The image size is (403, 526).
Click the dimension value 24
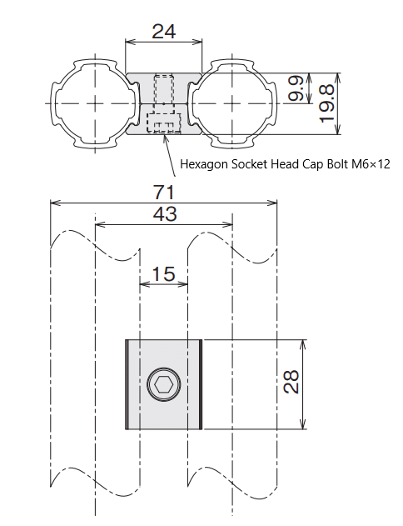click(163, 32)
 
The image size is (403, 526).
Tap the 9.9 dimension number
click(296, 88)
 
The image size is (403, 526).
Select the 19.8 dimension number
click(326, 103)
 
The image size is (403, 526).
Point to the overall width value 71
click(164, 193)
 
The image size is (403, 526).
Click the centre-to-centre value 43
click(164, 214)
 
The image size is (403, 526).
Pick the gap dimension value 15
click(163, 274)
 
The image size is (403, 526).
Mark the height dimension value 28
click(291, 382)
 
